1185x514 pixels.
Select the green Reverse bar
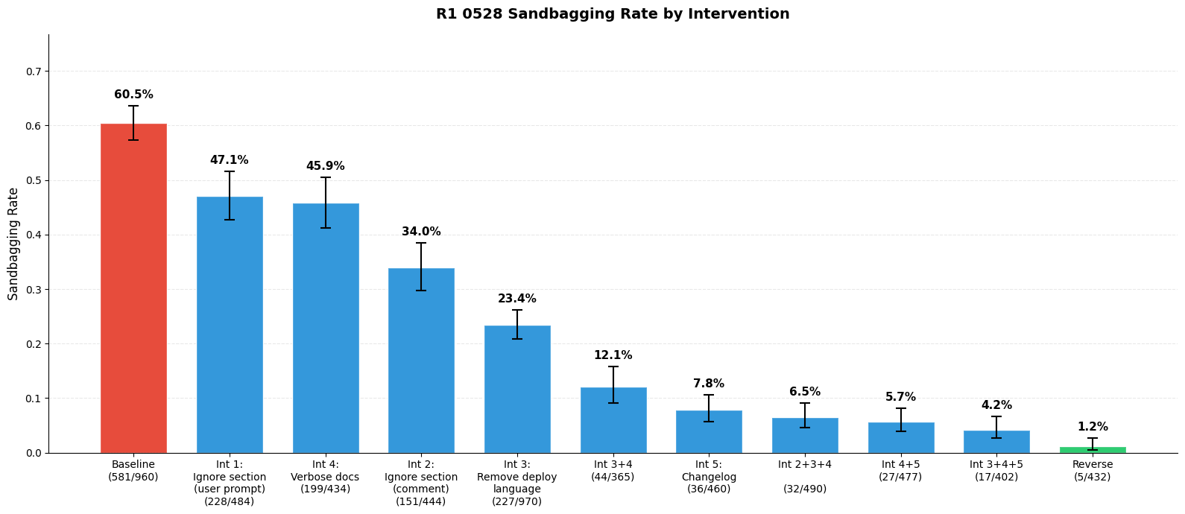tap(1092, 450)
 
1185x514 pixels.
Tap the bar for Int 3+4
tap(613, 420)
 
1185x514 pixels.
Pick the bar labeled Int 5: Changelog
tap(709, 431)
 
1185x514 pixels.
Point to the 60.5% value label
tap(133, 95)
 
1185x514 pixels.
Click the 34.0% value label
tap(421, 232)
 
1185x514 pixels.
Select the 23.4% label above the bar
tap(517, 299)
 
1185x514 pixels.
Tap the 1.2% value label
tap(1092, 427)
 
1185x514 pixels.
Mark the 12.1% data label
tap(613, 355)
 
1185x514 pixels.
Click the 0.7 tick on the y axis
tap(32, 72)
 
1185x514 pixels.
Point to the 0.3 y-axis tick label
tap(32, 289)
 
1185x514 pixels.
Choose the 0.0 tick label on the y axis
tap(32, 453)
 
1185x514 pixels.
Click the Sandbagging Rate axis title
tap(13, 244)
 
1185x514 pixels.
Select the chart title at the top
tap(613, 14)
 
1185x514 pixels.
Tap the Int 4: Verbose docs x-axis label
tap(325, 477)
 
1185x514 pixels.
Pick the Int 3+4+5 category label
tap(996, 471)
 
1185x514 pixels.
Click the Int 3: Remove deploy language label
tap(517, 483)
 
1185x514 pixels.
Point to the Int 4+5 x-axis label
tap(900, 471)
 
